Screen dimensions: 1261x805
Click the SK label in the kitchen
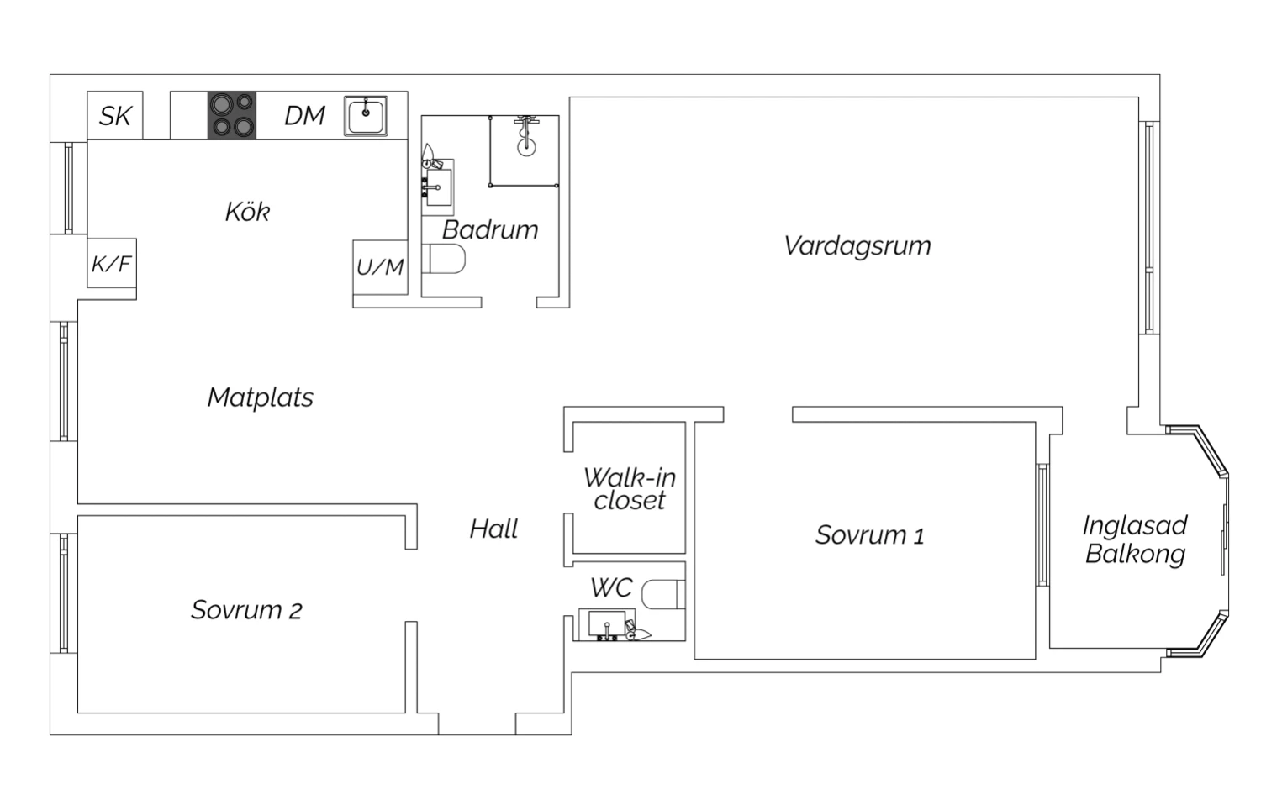pyautogui.click(x=115, y=116)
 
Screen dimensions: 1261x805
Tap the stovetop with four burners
pyautogui.click(x=232, y=115)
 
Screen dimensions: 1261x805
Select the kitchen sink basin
pyautogui.click(x=366, y=117)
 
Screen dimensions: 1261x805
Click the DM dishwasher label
pyautogui.click(x=304, y=116)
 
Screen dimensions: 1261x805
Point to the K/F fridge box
pyautogui.click(x=112, y=263)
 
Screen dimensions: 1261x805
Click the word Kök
pyautogui.click(x=248, y=212)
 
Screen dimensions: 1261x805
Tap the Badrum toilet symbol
pyautogui.click(x=444, y=259)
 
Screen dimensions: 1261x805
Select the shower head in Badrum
pyautogui.click(x=526, y=136)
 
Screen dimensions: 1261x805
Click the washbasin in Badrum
pyautogui.click(x=438, y=187)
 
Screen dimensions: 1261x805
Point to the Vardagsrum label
pyautogui.click(x=857, y=246)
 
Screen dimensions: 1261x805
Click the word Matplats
pyautogui.click(x=260, y=397)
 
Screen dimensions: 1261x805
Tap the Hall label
pyautogui.click(x=493, y=529)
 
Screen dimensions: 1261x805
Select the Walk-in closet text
pyautogui.click(x=630, y=489)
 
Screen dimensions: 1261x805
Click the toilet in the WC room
pyautogui.click(x=663, y=595)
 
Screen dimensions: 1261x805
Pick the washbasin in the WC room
pyautogui.click(x=608, y=624)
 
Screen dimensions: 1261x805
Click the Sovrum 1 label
pyautogui.click(x=870, y=535)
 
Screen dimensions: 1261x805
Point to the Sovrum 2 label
pyautogui.click(x=246, y=610)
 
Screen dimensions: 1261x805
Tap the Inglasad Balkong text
pyautogui.click(x=1135, y=539)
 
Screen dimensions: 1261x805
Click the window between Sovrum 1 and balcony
pyautogui.click(x=1042, y=525)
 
